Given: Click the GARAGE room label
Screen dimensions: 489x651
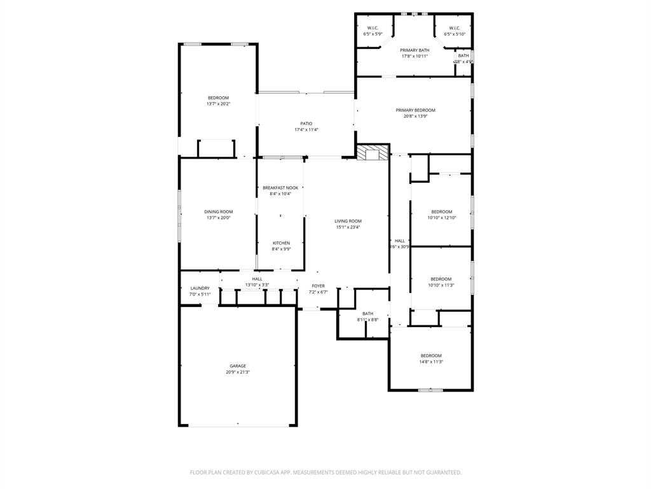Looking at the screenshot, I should point(238,366).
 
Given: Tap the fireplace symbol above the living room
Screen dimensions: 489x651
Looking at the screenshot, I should point(372,153).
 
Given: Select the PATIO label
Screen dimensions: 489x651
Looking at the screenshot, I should point(306,124).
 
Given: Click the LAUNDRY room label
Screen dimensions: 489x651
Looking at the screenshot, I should point(200,288).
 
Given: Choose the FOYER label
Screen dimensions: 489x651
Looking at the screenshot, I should point(318,286).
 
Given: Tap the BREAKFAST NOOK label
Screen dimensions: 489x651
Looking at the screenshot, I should point(280,188).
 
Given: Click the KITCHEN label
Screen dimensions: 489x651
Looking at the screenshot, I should point(281,243).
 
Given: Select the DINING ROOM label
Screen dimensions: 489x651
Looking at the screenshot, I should point(218,212).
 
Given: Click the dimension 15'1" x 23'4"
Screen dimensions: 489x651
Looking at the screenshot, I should point(348,227).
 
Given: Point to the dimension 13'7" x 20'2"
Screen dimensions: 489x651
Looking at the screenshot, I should point(218,104).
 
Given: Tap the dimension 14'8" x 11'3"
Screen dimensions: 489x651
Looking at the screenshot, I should point(430,362).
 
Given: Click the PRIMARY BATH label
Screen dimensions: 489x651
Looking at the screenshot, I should point(414,50).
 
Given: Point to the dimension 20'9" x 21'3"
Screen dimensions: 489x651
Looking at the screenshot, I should point(238,372).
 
